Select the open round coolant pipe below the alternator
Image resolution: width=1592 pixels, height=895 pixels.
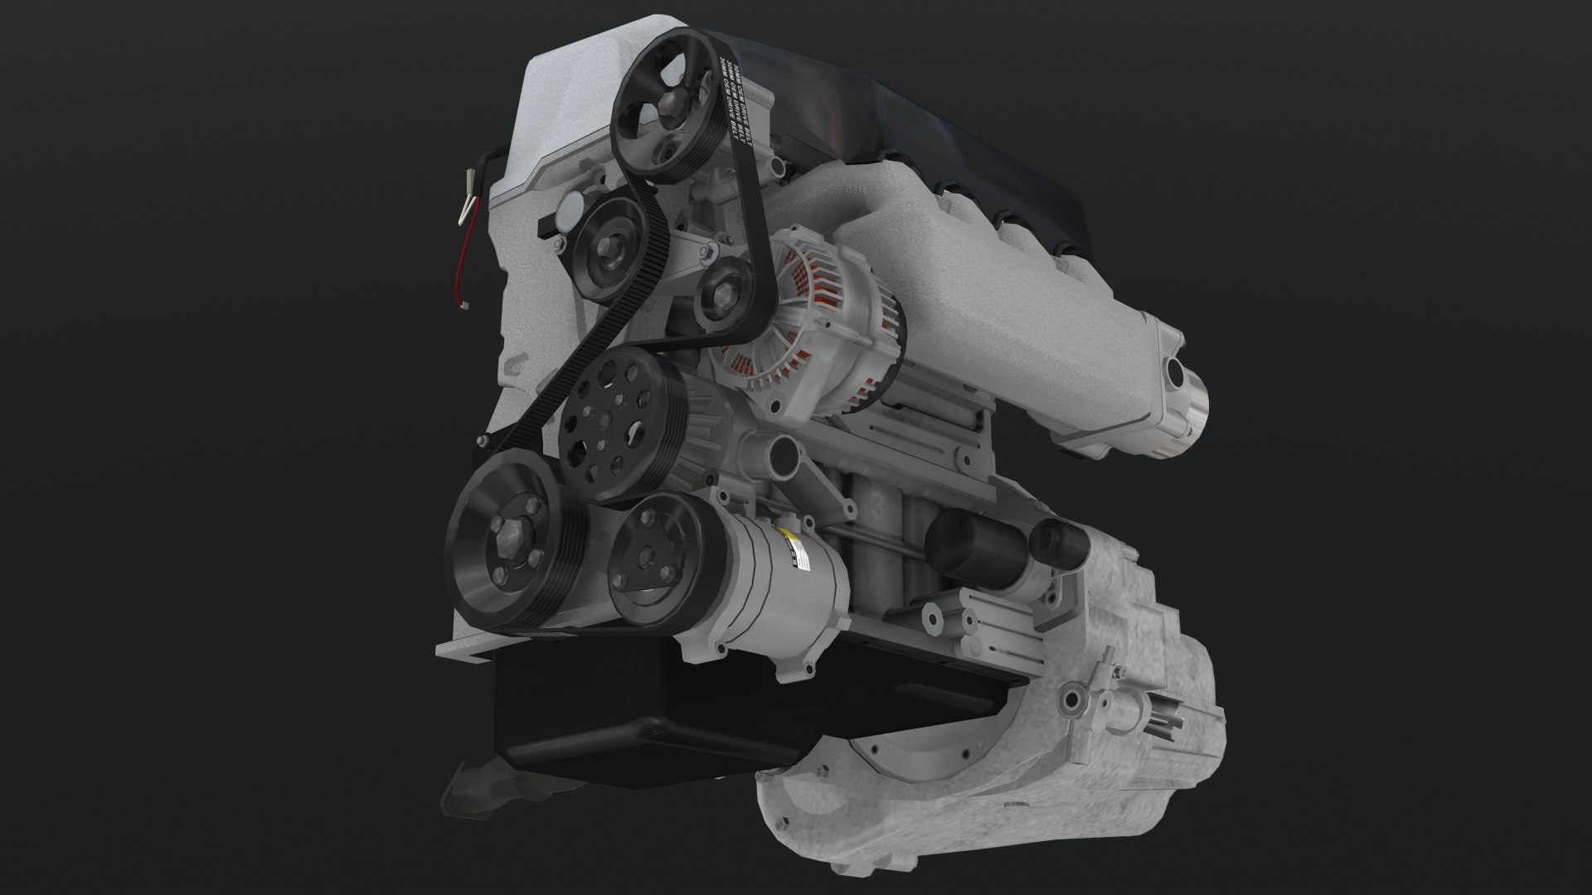tap(781, 454)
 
